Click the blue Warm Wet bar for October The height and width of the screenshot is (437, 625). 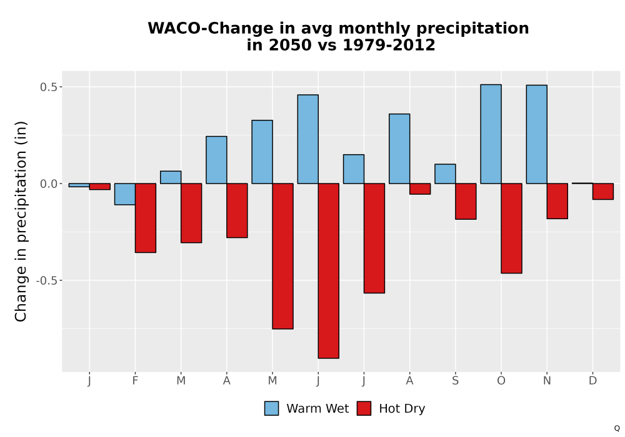491,134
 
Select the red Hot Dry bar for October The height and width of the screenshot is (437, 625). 511,228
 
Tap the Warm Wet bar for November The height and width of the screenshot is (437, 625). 536,134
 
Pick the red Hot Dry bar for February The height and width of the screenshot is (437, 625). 146,218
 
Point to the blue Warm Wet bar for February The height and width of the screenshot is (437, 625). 125,194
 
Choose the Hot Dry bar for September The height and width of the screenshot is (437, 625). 466,202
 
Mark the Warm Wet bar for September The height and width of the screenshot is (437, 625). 445,174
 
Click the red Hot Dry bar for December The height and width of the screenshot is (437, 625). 603,192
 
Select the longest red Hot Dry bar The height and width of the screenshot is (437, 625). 329,271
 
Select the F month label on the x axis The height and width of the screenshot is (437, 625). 135,381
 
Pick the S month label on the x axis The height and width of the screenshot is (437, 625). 455,381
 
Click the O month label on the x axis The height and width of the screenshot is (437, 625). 501,381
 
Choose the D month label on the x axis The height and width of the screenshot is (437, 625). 592,381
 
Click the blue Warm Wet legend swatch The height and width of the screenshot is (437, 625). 271,408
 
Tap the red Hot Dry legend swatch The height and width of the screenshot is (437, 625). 364,408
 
